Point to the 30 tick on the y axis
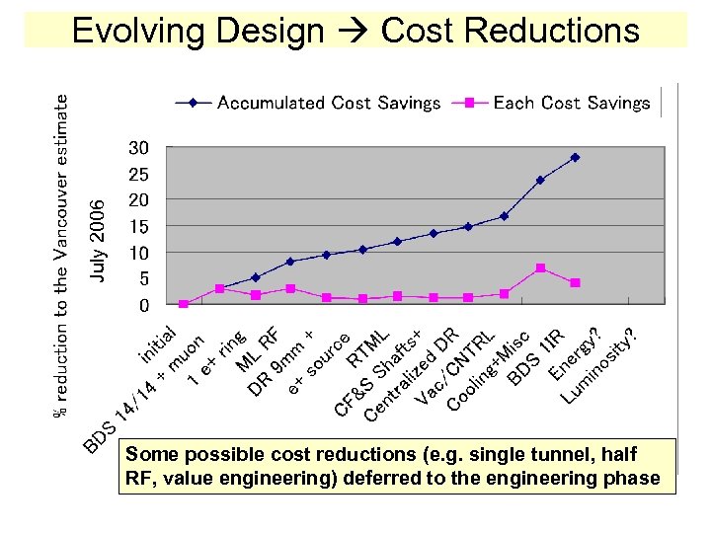coord(139,148)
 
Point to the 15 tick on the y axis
coord(139,227)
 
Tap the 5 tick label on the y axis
coord(144,279)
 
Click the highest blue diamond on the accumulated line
coord(575,157)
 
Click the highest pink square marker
coord(540,268)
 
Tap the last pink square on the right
coord(575,283)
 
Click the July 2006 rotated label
coord(97,239)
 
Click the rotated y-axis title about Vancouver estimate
coord(62,254)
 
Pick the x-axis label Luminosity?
coord(598,369)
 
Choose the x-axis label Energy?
coord(575,354)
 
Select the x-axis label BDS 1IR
coord(534,356)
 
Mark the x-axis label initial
coord(157,343)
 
